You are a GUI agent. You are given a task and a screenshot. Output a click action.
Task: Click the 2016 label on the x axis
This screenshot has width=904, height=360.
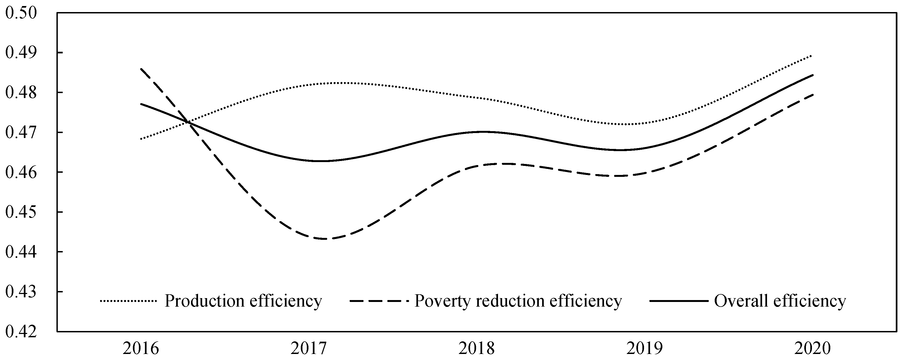pyautogui.click(x=141, y=349)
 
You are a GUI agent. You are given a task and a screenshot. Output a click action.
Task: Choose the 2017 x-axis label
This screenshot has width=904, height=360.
pyautogui.click(x=309, y=349)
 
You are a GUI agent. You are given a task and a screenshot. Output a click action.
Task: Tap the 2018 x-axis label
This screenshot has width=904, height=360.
pyautogui.click(x=477, y=349)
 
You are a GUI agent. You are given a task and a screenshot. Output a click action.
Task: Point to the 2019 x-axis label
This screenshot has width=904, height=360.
pyautogui.click(x=645, y=349)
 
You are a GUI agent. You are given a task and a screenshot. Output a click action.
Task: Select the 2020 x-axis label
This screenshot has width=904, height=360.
pyautogui.click(x=813, y=349)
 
